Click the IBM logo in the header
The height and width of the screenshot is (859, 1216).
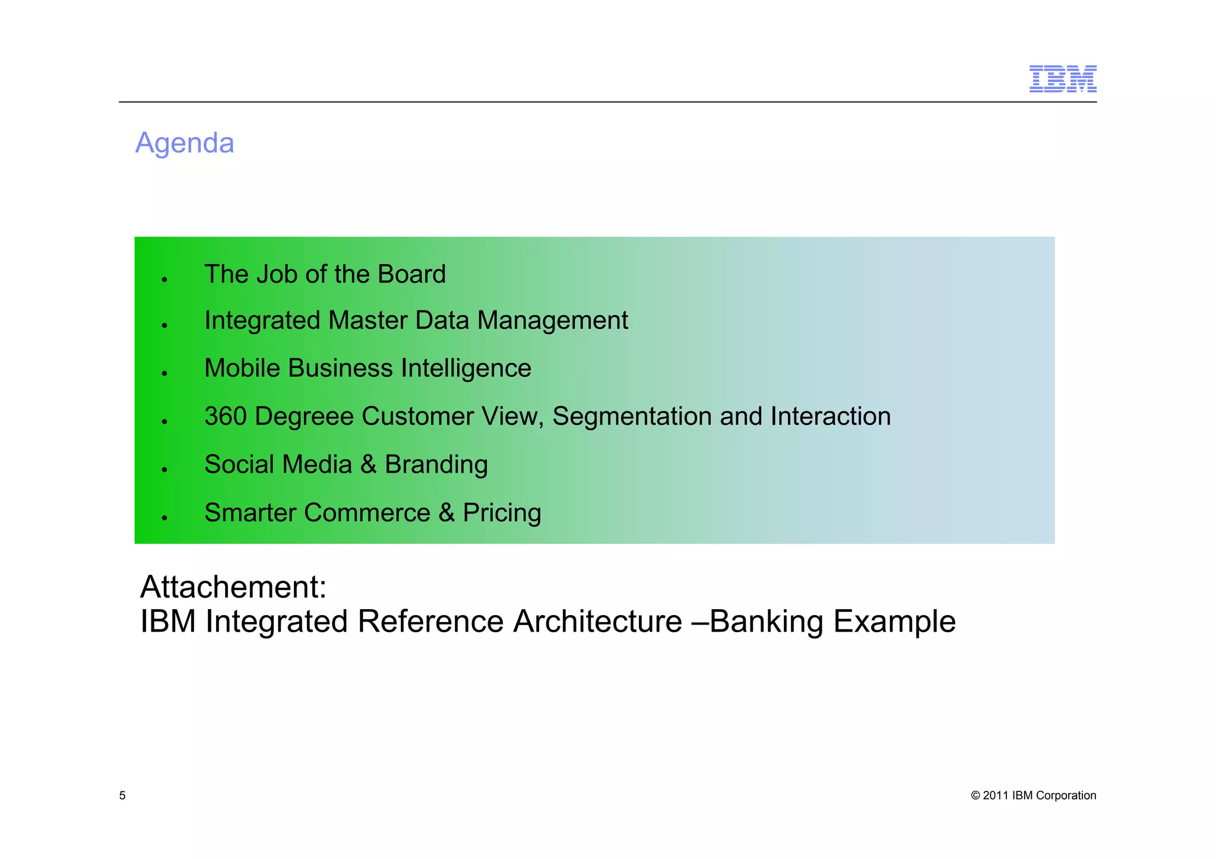coord(1062,79)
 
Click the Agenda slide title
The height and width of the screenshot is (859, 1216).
coord(185,143)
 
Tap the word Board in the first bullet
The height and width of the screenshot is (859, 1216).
coord(411,274)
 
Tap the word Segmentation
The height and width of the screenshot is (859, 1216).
coord(631,416)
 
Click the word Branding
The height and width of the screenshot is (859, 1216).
coord(436,464)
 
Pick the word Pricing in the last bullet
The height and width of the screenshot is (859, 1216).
coord(502,513)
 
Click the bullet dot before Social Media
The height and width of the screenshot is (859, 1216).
coord(164,470)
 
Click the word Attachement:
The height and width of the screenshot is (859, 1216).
coord(233,587)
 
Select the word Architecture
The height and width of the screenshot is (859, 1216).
coord(597,622)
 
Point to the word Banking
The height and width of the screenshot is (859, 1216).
coord(766,622)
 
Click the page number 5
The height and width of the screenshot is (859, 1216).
coord(122,795)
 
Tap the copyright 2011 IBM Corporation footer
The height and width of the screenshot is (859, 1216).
coord(1033,795)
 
